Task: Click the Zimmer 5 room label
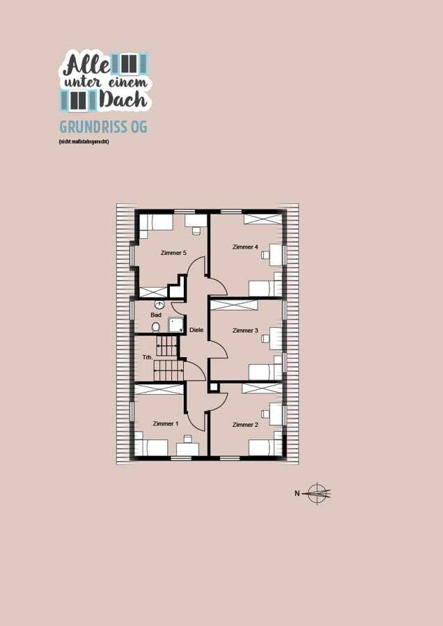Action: point(173,253)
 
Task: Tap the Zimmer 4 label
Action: point(245,247)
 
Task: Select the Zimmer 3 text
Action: point(245,330)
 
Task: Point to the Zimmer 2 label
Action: point(245,424)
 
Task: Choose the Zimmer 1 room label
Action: point(165,423)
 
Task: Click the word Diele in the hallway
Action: point(196,330)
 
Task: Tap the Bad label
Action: point(156,315)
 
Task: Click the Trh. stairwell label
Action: point(148,357)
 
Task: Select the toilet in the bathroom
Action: point(156,327)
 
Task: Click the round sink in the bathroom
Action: point(160,305)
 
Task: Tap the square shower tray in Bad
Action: point(176,325)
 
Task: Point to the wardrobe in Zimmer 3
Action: point(234,305)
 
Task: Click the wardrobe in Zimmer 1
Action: point(159,390)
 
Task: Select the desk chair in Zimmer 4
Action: point(265,255)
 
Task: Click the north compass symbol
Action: point(318,494)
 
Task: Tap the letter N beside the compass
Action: point(297,494)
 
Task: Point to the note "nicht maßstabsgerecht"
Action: point(84,141)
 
